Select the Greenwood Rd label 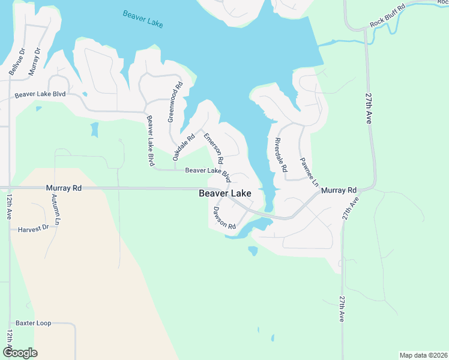tap(175, 103)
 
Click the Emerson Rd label tap(213, 149)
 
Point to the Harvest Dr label tap(33, 229)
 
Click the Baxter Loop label tap(34, 323)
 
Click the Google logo tap(20, 352)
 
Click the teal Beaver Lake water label tap(143, 19)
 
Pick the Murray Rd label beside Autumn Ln tap(64, 188)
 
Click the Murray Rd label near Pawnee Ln tap(339, 190)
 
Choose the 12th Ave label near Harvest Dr tap(10, 207)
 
